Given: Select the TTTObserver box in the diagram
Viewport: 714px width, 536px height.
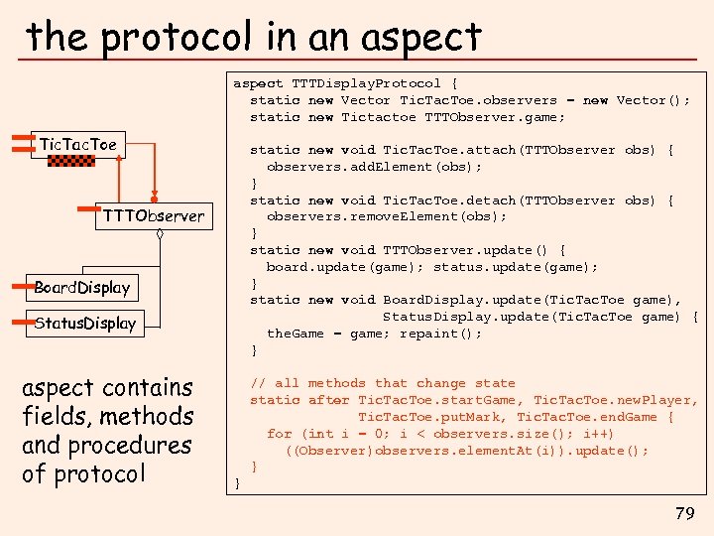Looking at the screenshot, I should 153,215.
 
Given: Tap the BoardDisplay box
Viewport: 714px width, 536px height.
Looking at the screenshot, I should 82,288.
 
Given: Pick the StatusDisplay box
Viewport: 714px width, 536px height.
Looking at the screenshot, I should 85,323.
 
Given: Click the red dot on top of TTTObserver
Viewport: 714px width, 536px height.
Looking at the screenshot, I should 154,198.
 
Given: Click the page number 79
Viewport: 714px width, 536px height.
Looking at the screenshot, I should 684,513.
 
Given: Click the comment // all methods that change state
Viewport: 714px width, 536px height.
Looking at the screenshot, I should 383,383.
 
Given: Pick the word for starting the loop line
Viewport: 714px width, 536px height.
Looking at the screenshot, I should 279,434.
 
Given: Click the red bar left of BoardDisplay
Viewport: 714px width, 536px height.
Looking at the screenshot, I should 16,286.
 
